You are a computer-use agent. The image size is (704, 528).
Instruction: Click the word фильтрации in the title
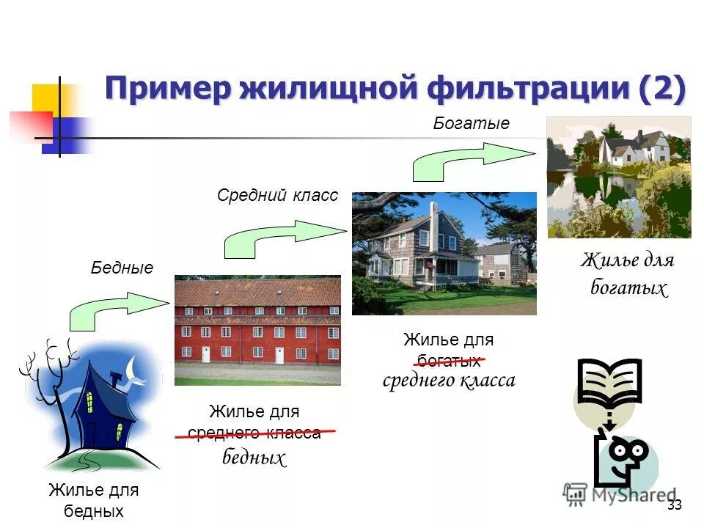click(x=524, y=89)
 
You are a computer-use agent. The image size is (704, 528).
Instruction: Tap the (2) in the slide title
click(x=662, y=89)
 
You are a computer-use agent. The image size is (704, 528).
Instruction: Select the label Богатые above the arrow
click(x=471, y=123)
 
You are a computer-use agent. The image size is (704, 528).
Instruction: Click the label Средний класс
click(x=277, y=195)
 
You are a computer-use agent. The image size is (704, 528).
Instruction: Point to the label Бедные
click(x=122, y=268)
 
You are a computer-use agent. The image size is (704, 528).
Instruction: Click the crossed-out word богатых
click(x=445, y=360)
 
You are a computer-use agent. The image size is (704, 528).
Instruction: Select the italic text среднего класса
click(x=449, y=380)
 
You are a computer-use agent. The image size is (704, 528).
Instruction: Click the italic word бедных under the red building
click(x=254, y=458)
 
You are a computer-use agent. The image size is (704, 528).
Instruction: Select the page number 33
click(x=675, y=505)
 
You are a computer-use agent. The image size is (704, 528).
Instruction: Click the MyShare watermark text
click(x=631, y=494)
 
